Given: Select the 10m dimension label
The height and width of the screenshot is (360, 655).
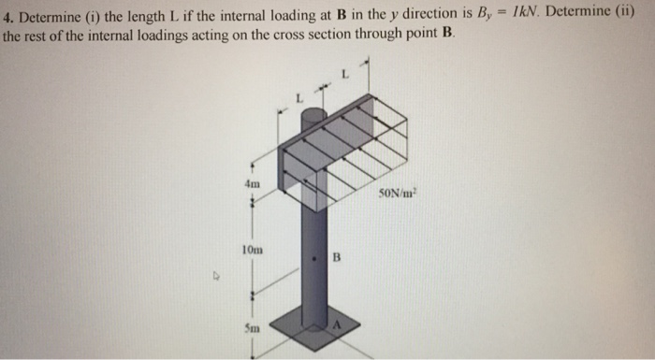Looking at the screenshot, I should (250, 250).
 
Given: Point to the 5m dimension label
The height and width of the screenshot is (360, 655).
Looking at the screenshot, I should (252, 328).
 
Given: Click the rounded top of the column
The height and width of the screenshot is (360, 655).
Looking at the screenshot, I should (314, 115).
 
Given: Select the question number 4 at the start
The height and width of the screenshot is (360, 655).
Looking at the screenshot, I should (7, 17).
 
